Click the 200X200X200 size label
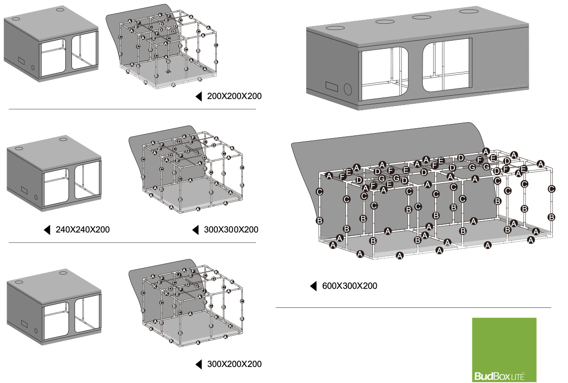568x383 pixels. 234,97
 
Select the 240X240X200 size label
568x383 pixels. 83,230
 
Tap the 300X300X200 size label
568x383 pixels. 231,230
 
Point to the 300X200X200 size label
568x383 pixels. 234,364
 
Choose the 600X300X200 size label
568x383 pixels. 349,286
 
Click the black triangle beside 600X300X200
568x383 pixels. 313,286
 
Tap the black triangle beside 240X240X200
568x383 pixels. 47,230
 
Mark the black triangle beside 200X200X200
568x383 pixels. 198,97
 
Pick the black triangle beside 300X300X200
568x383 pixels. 195,230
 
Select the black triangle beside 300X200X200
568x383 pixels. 198,364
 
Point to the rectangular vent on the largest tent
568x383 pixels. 331,86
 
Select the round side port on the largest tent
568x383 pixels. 349,89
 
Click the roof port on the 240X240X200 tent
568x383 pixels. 63,139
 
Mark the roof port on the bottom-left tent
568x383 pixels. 63,273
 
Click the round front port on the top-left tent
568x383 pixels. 33,67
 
